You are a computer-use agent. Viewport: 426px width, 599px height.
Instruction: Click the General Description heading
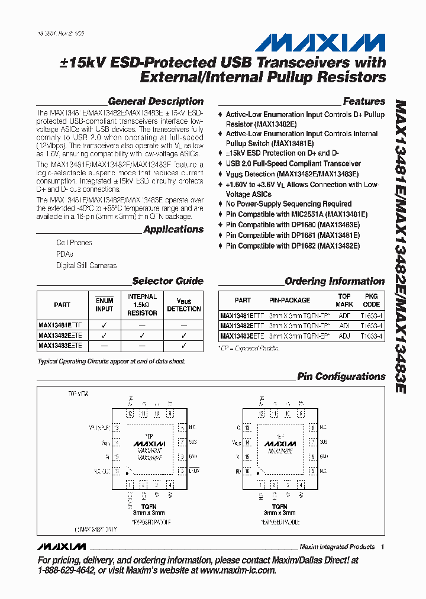pyautogui.click(x=156, y=101)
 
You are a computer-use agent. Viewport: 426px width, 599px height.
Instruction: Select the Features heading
pyautogui.click(x=364, y=101)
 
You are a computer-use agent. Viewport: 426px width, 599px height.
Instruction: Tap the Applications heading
pyautogui.click(x=173, y=229)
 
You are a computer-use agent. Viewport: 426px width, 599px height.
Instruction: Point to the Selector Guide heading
pyautogui.click(x=167, y=281)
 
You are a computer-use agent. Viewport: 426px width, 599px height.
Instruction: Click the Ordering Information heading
pyautogui.click(x=335, y=281)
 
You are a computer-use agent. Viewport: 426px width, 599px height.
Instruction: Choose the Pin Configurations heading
pyautogui.click(x=341, y=376)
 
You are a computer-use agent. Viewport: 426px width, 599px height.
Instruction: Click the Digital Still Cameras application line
pyautogui.click(x=86, y=266)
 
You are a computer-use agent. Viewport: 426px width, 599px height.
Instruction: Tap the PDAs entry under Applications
pyautogui.click(x=65, y=254)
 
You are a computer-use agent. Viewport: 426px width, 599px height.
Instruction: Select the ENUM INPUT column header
pyautogui.click(x=104, y=305)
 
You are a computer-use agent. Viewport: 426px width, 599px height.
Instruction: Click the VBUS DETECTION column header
pyautogui.click(x=184, y=305)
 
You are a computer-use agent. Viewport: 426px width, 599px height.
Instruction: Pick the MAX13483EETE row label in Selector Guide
pyautogui.click(x=60, y=345)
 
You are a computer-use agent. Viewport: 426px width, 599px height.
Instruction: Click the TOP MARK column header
pyautogui.click(x=344, y=300)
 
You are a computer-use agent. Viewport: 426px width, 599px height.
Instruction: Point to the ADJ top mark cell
pyautogui.click(x=344, y=336)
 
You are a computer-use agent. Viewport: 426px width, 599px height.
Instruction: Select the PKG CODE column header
pyautogui.click(x=372, y=300)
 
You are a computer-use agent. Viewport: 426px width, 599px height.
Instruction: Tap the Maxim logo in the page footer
pyautogui.click(x=61, y=546)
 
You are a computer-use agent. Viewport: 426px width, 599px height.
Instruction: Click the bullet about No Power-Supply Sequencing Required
pyautogui.click(x=289, y=204)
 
